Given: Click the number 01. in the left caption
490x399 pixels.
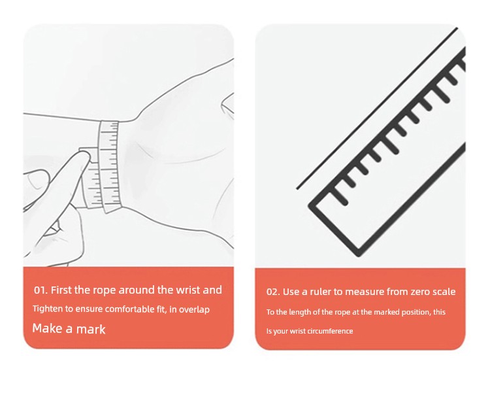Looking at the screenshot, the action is [x=41, y=290].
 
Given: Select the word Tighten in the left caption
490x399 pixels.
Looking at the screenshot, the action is [x=48, y=309].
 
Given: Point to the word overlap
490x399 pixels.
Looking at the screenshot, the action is [x=194, y=310].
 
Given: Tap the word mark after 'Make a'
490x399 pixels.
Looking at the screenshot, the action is [x=91, y=329].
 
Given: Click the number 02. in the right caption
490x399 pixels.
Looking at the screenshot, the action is [x=273, y=292].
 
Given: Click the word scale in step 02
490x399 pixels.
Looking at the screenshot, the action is [x=444, y=292].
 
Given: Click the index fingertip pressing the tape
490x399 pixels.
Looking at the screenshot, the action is [x=84, y=157].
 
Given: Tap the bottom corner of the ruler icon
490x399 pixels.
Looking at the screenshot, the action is [x=358, y=254].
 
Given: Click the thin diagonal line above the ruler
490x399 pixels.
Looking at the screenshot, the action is [x=377, y=109].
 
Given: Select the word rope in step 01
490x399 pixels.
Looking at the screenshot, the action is [x=105, y=291].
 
